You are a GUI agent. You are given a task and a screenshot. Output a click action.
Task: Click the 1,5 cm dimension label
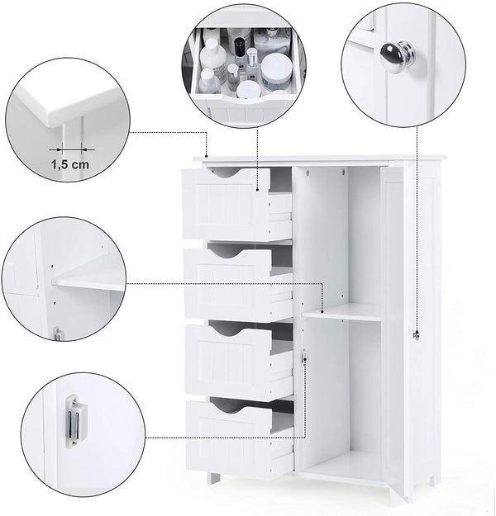click(69, 164)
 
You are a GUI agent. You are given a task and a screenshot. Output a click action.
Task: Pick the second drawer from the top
click(228, 284)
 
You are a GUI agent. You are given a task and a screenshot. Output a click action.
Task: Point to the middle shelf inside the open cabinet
click(341, 313)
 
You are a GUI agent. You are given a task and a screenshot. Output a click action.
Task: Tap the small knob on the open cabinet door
click(416, 335)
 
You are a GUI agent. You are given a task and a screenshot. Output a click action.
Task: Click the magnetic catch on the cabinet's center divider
click(304, 357)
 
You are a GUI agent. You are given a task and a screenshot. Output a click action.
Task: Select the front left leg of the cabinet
click(214, 478)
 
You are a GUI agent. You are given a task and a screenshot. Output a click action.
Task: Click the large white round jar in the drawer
click(277, 69)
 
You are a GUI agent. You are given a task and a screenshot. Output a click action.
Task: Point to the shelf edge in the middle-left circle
click(88, 284)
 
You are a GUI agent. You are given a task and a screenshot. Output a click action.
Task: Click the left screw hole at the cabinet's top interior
click(308, 172)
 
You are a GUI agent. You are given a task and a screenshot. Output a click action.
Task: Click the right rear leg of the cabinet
click(432, 480)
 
